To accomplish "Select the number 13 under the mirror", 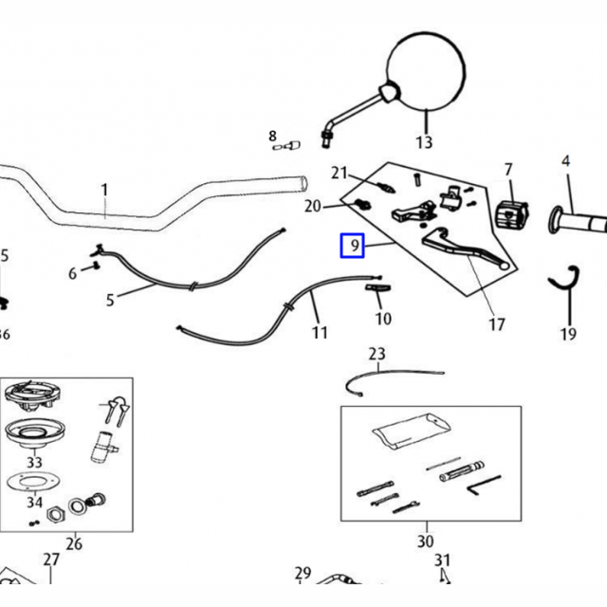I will (424, 143).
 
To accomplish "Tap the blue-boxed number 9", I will (353, 247).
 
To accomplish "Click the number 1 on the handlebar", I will (104, 191).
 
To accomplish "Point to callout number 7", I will (507, 170).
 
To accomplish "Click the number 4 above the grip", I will (566, 161).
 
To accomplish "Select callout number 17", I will (497, 324).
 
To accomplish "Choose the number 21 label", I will (340, 173).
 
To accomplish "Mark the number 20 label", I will (313, 207).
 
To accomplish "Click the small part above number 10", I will (377, 288).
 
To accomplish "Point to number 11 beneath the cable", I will (320, 333).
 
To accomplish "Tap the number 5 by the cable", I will (110, 301).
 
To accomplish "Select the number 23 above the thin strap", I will (377, 355).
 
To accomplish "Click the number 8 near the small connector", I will (272, 137).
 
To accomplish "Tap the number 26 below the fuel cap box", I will (74, 543).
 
